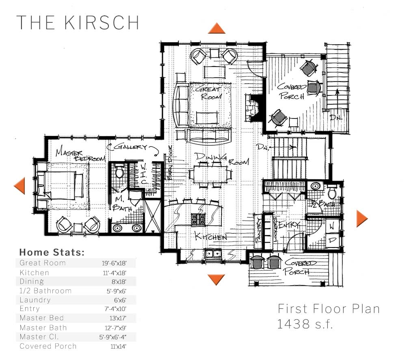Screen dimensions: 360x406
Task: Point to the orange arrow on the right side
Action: [x=361, y=218]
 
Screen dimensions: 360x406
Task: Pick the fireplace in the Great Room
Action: [x=253, y=107]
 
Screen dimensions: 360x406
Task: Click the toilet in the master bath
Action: [x=119, y=172]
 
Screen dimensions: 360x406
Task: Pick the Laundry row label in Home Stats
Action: [x=35, y=300]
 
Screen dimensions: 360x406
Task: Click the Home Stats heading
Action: [x=52, y=252]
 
